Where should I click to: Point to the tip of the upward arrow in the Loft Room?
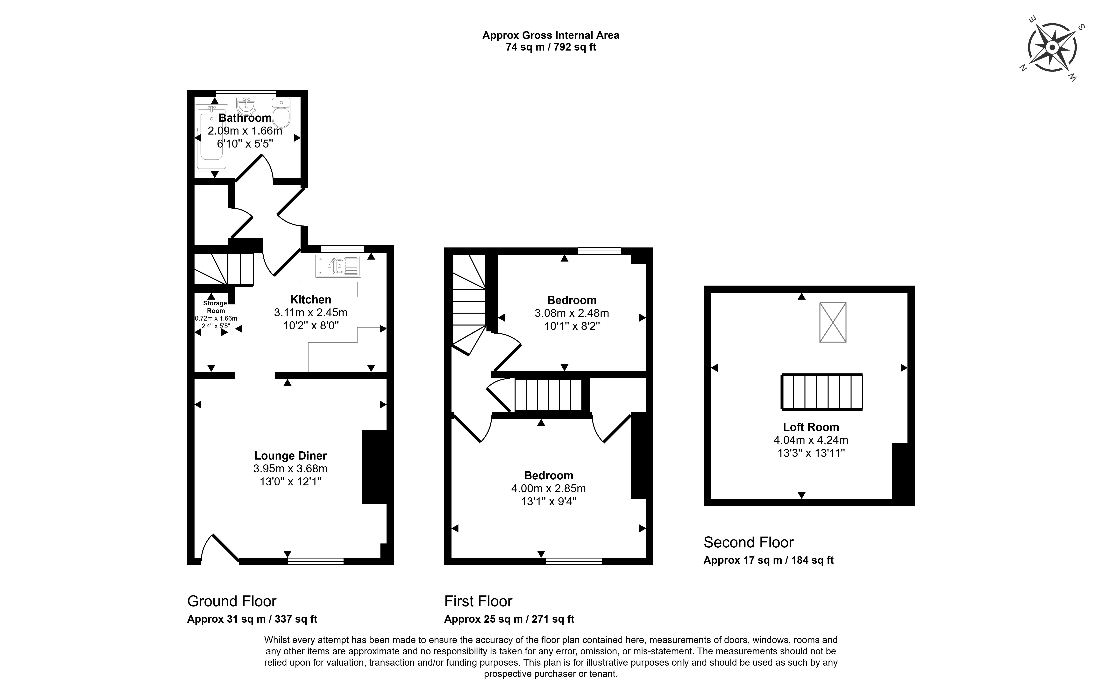[x=801, y=293]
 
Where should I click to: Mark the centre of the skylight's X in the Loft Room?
[x=833, y=323]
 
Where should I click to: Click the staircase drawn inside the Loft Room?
[x=822, y=392]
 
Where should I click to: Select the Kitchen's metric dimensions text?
[x=311, y=312]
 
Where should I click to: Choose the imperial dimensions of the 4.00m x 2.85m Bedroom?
[x=549, y=501]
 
